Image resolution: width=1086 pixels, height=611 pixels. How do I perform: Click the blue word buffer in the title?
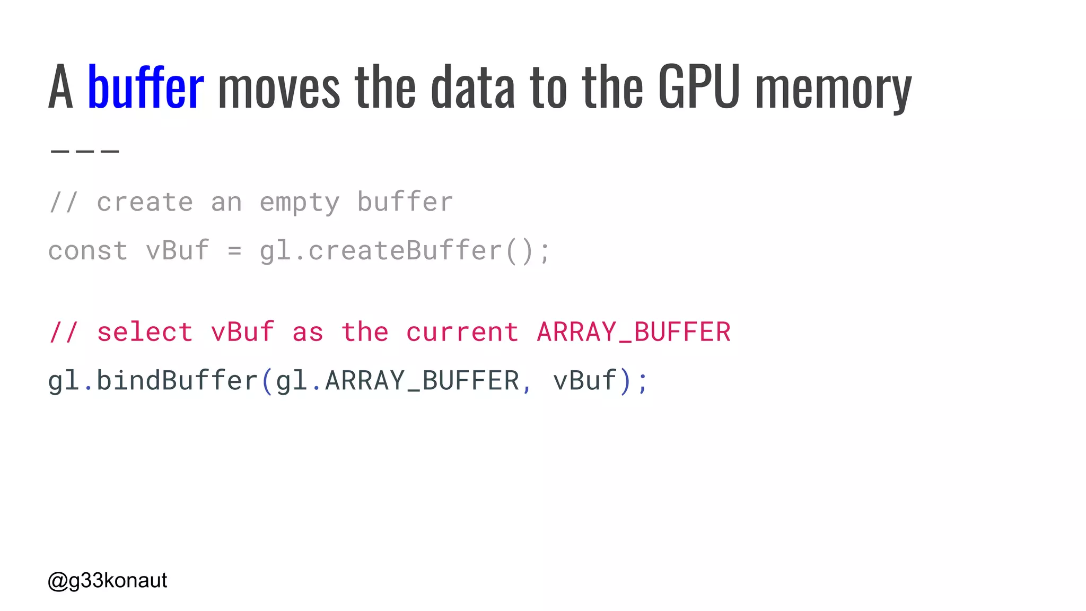pyautogui.click(x=145, y=87)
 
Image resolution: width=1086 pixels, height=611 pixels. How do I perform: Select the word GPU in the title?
pyautogui.click(x=699, y=87)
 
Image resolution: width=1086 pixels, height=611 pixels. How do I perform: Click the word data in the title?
pyautogui.click(x=472, y=87)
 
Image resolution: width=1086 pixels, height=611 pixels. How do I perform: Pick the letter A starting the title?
pyautogui.click(x=60, y=87)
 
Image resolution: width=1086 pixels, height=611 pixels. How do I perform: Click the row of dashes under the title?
pyautogui.click(x=85, y=151)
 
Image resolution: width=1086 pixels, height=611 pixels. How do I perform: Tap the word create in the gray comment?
pyautogui.click(x=145, y=202)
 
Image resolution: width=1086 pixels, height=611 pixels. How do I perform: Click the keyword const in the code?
pyautogui.click(x=88, y=251)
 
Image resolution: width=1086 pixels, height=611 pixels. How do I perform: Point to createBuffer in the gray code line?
pyautogui.click(x=405, y=250)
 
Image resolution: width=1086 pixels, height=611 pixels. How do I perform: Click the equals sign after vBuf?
pyautogui.click(x=235, y=251)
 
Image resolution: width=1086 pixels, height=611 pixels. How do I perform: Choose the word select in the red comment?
pyautogui.click(x=145, y=333)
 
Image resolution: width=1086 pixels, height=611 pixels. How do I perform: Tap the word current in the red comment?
pyautogui.click(x=462, y=333)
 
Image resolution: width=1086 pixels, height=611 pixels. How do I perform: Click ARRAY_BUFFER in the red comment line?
pyautogui.click(x=634, y=333)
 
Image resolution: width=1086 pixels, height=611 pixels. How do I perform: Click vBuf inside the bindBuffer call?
pyautogui.click(x=584, y=381)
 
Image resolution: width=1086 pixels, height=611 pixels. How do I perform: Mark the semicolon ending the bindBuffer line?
pyautogui.click(x=643, y=382)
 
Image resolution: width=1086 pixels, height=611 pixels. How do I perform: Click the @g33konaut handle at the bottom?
pyautogui.click(x=108, y=581)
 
